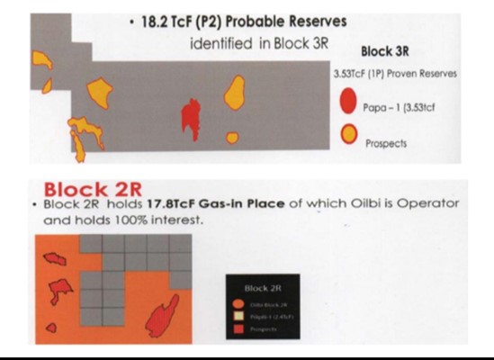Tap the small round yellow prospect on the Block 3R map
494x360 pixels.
[232, 138]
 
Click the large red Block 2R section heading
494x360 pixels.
[92, 190]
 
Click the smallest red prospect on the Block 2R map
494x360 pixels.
[51, 327]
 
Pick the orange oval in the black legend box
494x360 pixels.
[236, 305]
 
